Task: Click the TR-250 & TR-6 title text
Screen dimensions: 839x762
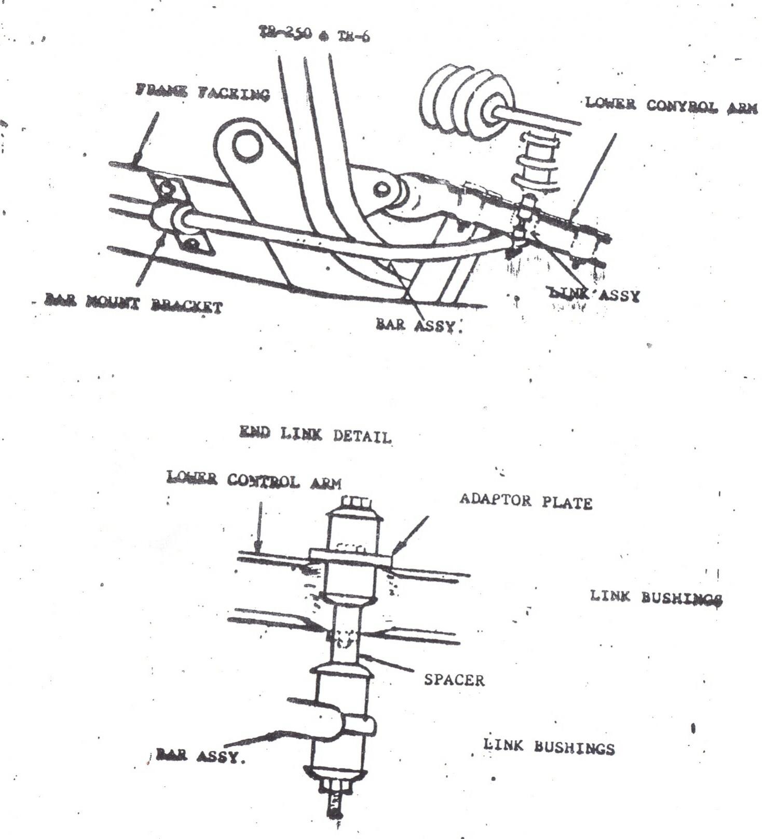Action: tap(315, 34)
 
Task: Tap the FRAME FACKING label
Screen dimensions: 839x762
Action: tap(203, 93)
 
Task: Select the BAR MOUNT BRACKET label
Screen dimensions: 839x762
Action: tap(134, 304)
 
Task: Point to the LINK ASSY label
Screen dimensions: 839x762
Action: tap(595, 295)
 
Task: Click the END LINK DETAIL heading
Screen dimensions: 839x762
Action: tap(315, 435)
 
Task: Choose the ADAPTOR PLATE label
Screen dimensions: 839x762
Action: tap(525, 502)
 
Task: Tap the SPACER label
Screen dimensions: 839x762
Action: tap(454, 680)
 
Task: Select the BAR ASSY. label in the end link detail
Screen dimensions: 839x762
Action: tap(200, 756)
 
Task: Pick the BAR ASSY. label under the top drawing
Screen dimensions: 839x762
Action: tap(418, 325)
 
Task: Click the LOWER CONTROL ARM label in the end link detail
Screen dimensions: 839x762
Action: tap(254, 480)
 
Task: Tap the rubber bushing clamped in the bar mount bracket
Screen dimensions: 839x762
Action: tap(168, 219)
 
